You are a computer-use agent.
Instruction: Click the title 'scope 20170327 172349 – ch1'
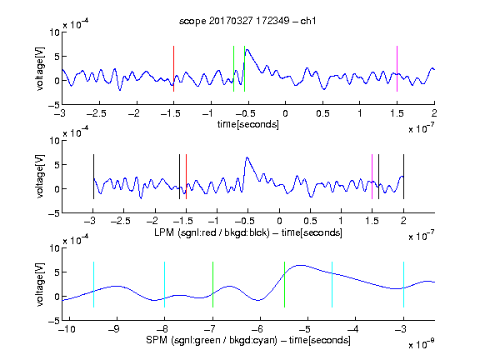[x=247, y=21]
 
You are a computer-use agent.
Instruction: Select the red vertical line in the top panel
[x=174, y=68]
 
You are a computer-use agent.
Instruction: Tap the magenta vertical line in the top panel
[x=397, y=68]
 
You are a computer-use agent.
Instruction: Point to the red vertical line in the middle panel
[x=186, y=177]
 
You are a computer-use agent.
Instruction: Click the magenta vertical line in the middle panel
[x=372, y=177]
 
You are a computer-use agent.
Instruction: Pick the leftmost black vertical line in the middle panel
[x=93, y=177]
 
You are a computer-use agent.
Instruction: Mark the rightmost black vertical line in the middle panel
[x=404, y=177]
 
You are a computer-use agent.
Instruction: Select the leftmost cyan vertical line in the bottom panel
[x=93, y=284]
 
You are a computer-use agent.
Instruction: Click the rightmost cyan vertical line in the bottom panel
[x=404, y=284]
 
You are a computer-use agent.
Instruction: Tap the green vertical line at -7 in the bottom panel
[x=212, y=284]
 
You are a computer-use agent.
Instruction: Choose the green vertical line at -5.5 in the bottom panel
[x=285, y=284]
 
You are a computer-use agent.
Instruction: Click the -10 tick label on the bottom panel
[x=67, y=329]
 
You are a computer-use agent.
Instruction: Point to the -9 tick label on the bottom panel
[x=114, y=329]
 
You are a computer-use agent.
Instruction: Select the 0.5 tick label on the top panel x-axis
[x=322, y=113]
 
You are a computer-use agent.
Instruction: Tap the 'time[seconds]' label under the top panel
[x=248, y=124]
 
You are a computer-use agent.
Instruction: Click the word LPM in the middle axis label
[x=164, y=232]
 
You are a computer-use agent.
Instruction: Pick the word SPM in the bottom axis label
[x=157, y=340]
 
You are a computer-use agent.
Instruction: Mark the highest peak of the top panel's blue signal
[x=247, y=49]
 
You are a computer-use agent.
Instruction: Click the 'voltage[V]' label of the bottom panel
[x=40, y=284]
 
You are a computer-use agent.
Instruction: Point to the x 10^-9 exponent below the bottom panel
[x=422, y=344]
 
